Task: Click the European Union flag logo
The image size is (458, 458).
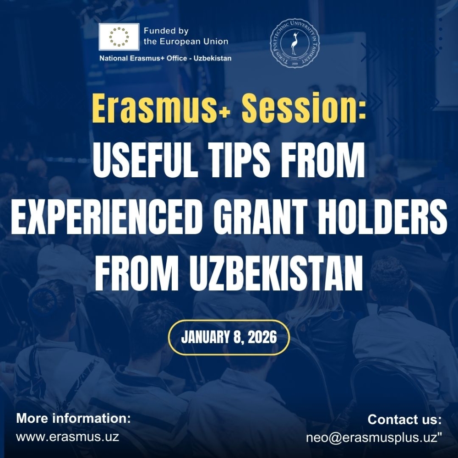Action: (x=119, y=37)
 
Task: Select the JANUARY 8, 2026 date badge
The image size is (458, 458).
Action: (x=229, y=338)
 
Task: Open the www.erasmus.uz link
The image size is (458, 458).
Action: (x=67, y=436)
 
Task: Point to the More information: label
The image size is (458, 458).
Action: (x=73, y=419)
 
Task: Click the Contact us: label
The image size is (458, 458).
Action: (x=404, y=420)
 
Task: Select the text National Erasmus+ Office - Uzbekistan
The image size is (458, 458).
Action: (x=165, y=59)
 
